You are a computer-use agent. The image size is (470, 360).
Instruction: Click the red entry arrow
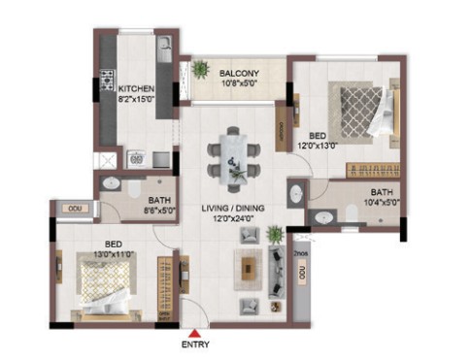tap(194, 334)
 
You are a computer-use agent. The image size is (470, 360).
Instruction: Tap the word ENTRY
tap(195, 344)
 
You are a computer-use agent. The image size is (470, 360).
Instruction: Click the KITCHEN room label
tap(136, 88)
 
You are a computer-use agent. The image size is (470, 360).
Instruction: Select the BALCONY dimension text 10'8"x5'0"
tap(239, 83)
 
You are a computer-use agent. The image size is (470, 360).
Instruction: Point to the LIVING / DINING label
tap(233, 208)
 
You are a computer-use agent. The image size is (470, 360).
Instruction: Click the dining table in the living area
tap(233, 159)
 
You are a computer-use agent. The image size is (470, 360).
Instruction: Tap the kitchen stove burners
tap(107, 81)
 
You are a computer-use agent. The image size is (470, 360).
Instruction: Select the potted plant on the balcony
tap(201, 69)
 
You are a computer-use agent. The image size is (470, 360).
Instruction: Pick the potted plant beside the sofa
tap(276, 234)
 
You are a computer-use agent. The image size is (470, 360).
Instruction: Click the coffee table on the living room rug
tap(249, 269)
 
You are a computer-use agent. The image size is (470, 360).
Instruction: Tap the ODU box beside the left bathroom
tap(75, 209)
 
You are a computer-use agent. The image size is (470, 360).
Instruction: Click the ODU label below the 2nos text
tap(302, 273)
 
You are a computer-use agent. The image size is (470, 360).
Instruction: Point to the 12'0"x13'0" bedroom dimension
tap(318, 146)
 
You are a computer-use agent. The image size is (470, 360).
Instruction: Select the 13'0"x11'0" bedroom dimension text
tap(114, 254)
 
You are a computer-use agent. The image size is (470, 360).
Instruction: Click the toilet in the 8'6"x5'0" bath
tap(134, 188)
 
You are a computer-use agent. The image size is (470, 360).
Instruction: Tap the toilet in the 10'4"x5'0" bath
tap(352, 213)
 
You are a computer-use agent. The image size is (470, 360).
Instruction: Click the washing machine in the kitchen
tap(136, 159)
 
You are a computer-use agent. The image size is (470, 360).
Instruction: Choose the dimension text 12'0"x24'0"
tap(233, 218)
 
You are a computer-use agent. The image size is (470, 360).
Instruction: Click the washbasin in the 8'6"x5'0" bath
tap(112, 183)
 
